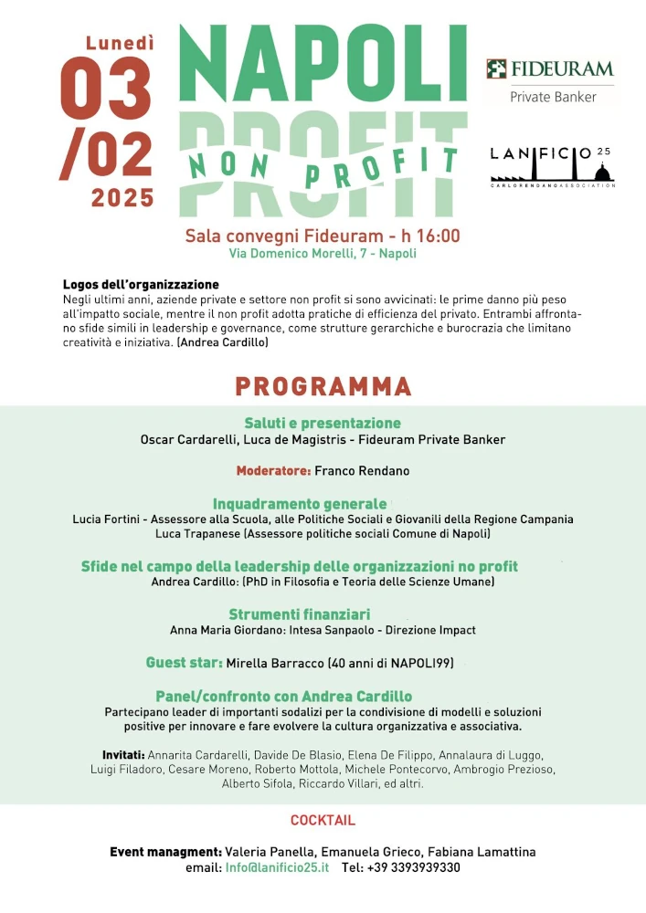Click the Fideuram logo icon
point(496,69)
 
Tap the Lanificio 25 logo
point(552,164)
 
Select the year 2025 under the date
point(122,197)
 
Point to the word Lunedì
point(120,42)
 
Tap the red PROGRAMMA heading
point(323,386)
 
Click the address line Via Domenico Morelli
point(323,254)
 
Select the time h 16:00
point(427,236)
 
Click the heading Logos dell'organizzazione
point(141,285)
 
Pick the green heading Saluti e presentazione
point(323,424)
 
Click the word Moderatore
point(273,471)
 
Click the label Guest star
point(184,663)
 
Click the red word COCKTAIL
point(323,821)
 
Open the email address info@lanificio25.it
point(277,867)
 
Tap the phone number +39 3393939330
point(414,867)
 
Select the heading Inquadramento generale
point(300,504)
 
